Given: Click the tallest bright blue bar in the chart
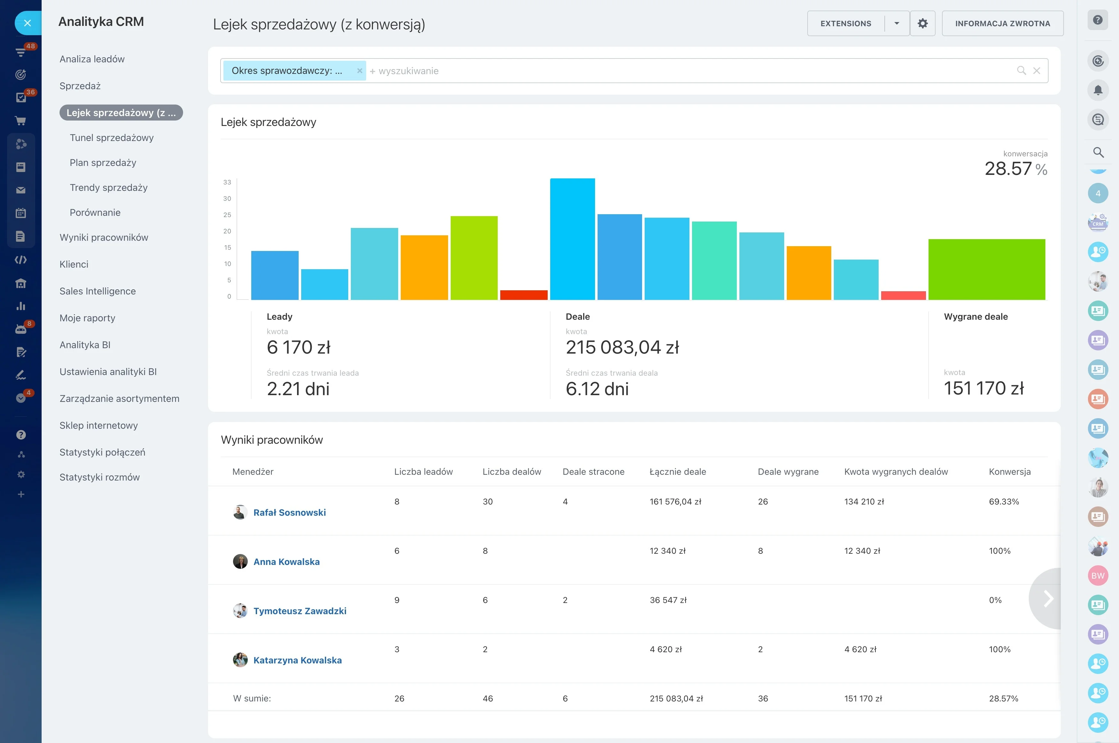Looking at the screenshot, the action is [572, 239].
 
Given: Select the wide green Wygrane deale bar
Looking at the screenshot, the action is [987, 269].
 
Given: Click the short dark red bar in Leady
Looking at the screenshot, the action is [524, 295].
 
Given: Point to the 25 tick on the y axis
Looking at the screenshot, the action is [227, 215].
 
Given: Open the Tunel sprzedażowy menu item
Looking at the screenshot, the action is [111, 137].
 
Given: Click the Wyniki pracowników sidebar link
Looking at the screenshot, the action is [104, 238].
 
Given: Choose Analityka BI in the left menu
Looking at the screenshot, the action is [85, 345].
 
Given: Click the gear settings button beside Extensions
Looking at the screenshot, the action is [922, 23].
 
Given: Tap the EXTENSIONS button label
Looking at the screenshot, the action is [846, 23].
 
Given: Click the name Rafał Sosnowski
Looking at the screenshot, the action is [289, 512].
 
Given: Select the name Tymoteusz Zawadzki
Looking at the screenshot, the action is [300, 611].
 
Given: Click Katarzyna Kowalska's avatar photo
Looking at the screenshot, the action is [240, 660].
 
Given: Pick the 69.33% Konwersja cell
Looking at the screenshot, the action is [1004, 501].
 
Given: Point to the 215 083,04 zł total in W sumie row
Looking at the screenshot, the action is [676, 699].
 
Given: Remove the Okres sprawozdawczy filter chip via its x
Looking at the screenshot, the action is [359, 71].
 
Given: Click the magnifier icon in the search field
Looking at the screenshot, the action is [1021, 71].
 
